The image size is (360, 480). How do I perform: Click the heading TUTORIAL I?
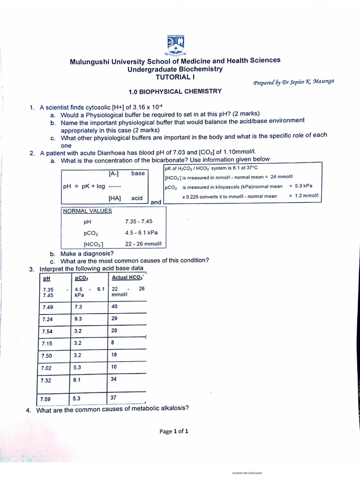[175, 77]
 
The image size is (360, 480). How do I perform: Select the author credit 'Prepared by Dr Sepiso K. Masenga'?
[294, 82]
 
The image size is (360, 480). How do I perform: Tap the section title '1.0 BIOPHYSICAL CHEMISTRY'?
[175, 91]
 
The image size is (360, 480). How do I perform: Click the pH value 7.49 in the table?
[47, 307]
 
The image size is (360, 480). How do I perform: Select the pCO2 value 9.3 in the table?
[78, 319]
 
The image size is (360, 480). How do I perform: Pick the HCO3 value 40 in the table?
[114, 307]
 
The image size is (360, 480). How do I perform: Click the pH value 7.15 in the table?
[47, 343]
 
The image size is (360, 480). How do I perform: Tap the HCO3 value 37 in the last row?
[114, 398]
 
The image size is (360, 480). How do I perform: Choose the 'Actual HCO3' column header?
[127, 277]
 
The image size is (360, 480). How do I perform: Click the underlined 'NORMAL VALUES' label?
[88, 211]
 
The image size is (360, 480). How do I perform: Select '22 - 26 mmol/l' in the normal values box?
[143, 244]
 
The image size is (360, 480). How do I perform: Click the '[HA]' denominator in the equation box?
[114, 198]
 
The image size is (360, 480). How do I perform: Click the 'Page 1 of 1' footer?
[174, 432]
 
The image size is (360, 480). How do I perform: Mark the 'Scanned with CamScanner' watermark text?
[247, 473]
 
